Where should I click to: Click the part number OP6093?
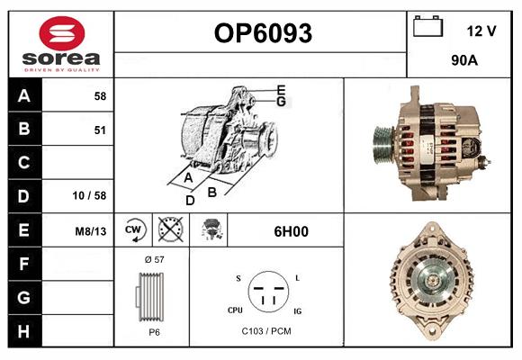click(262, 34)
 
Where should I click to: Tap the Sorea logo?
click(61, 44)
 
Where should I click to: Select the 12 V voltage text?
click(481, 31)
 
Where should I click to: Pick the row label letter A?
click(24, 95)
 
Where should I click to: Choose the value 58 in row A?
click(99, 96)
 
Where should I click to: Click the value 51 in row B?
click(99, 130)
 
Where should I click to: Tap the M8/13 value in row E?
click(91, 231)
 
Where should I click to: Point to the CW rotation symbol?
click(133, 230)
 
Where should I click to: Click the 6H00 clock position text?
click(291, 231)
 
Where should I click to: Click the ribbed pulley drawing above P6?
click(150, 295)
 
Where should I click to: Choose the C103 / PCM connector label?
click(266, 331)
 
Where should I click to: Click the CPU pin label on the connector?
click(234, 309)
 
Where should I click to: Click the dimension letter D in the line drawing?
click(190, 200)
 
